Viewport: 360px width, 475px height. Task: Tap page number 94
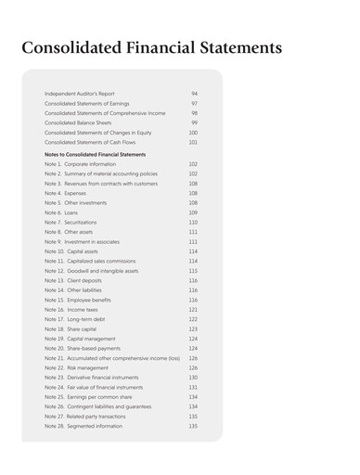[195, 95]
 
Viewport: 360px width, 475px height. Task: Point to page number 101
[193, 143]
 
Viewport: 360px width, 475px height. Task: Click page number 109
[193, 212]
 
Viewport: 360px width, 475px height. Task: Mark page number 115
[193, 270]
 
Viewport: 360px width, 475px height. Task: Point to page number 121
[193, 308]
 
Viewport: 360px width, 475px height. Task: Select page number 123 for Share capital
[193, 327]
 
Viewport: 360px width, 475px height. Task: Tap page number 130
[193, 377]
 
